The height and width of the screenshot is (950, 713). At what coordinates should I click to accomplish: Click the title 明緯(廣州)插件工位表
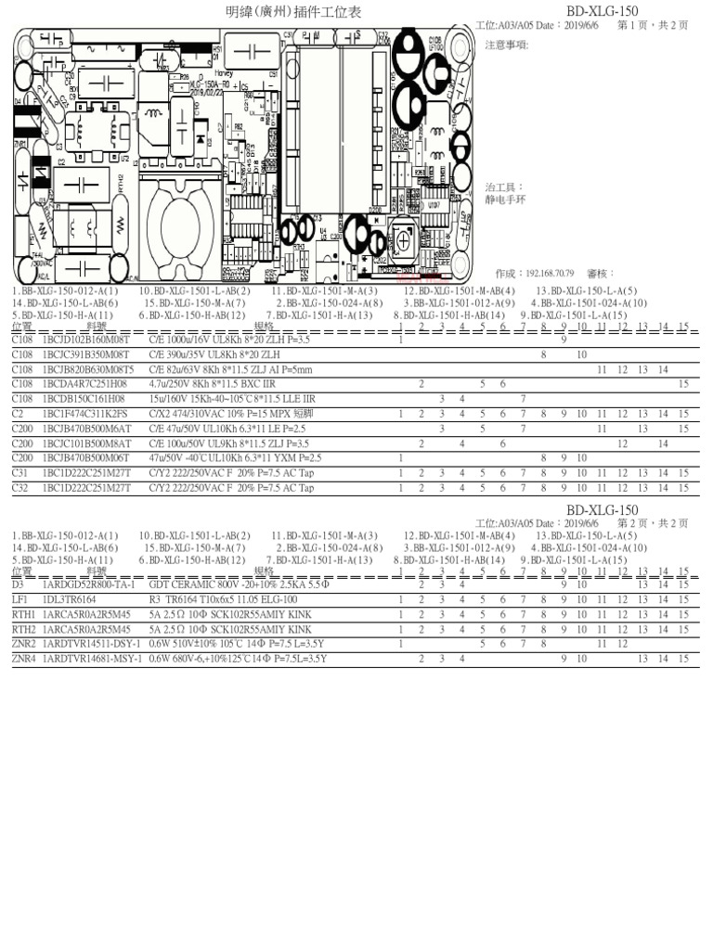pos(294,12)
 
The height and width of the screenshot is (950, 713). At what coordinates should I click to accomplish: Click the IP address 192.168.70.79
pos(551,275)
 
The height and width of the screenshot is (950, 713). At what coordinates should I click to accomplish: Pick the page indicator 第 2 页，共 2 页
pos(653,524)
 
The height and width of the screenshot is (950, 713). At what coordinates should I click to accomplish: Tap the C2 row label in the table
pos(18,414)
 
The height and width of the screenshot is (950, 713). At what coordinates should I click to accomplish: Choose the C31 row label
pos(20,473)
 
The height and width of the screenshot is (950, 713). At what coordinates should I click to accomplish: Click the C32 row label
pos(20,487)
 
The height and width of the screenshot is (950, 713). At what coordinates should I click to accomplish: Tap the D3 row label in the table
pos(18,585)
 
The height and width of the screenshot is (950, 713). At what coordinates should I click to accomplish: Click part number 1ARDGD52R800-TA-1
pos(89,585)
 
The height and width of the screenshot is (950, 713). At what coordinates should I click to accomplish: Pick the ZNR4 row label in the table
pos(23,658)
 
